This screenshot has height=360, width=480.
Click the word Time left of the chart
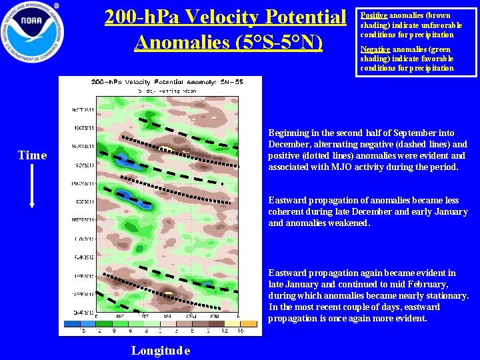32,155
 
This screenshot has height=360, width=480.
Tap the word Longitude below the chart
161,351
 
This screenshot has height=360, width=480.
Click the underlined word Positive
373,15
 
